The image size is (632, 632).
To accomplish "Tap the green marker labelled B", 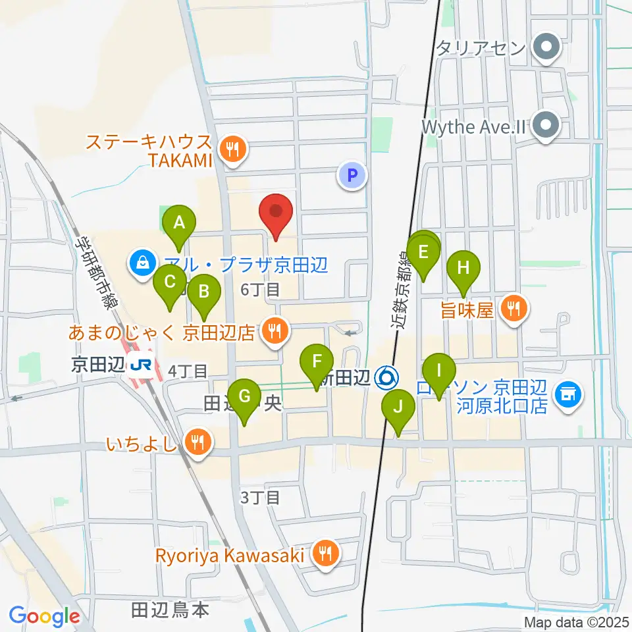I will pos(204,291).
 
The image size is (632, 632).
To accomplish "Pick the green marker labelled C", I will pos(170,283).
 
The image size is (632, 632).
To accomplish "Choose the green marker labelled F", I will pos(317,361).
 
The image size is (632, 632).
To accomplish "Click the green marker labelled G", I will pos(244,396).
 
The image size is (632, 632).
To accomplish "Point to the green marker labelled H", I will pos(463,268).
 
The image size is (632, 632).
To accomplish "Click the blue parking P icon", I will pos(352,175).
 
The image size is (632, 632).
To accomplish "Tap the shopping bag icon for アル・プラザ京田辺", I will pos(142,264).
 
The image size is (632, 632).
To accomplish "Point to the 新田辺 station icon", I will pos(386,377).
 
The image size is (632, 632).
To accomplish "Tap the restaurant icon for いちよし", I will pos(196,441).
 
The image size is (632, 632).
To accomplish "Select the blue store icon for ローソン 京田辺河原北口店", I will pos(566,394).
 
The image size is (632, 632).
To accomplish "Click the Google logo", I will pos(44,617).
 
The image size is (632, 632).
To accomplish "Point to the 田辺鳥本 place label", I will pos(171,610).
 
